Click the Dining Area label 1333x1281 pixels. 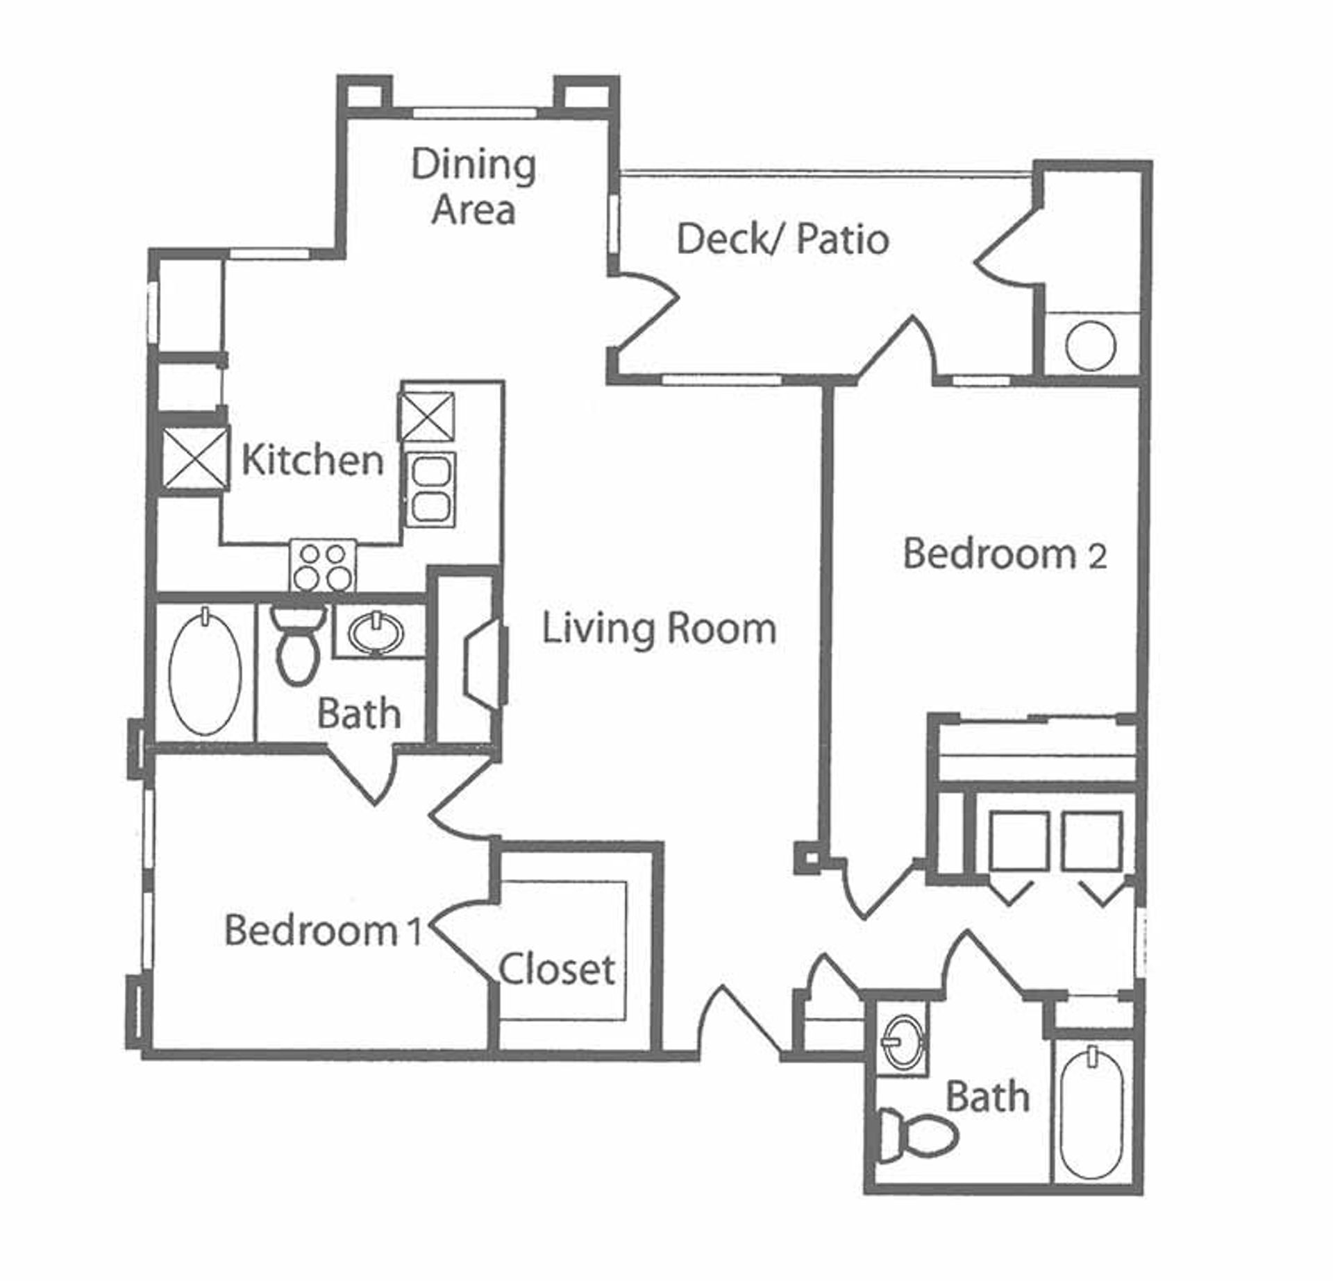[474, 187]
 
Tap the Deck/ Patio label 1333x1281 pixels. [782, 239]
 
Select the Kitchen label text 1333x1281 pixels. [312, 460]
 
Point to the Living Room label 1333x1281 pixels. [658, 629]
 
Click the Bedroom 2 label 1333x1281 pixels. [1005, 554]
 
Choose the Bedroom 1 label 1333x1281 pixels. [324, 930]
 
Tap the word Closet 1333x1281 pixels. [557, 969]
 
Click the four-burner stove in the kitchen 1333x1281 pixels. [323, 566]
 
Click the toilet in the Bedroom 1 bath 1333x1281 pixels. [297, 643]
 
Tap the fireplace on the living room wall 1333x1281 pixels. [486, 665]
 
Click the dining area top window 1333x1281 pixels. [475, 112]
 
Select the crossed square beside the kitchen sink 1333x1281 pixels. [426, 416]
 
